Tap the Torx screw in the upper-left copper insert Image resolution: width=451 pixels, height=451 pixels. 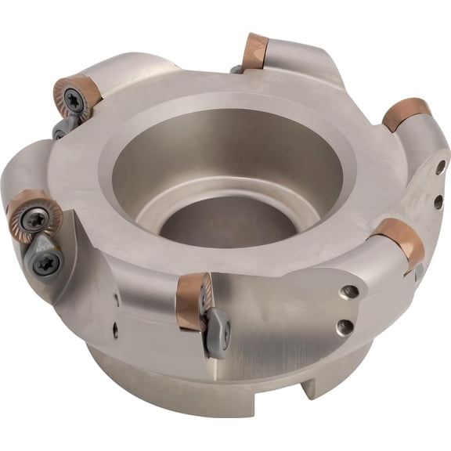pos(73,98)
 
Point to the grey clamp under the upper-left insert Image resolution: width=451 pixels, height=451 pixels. pos(63,128)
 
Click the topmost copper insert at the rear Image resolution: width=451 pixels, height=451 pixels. pos(255,50)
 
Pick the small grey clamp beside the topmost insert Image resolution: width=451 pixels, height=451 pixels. pos(236,69)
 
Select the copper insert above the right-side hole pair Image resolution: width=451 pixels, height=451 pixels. pos(406,114)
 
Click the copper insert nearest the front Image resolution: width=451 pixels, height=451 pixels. pos(192,300)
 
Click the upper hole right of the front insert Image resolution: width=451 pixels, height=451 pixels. pos(348,292)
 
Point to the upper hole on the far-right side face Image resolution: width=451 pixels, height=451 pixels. pos(441,166)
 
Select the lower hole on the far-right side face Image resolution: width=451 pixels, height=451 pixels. pos(438,201)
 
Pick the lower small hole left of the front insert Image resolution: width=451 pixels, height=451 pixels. pos(114,330)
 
